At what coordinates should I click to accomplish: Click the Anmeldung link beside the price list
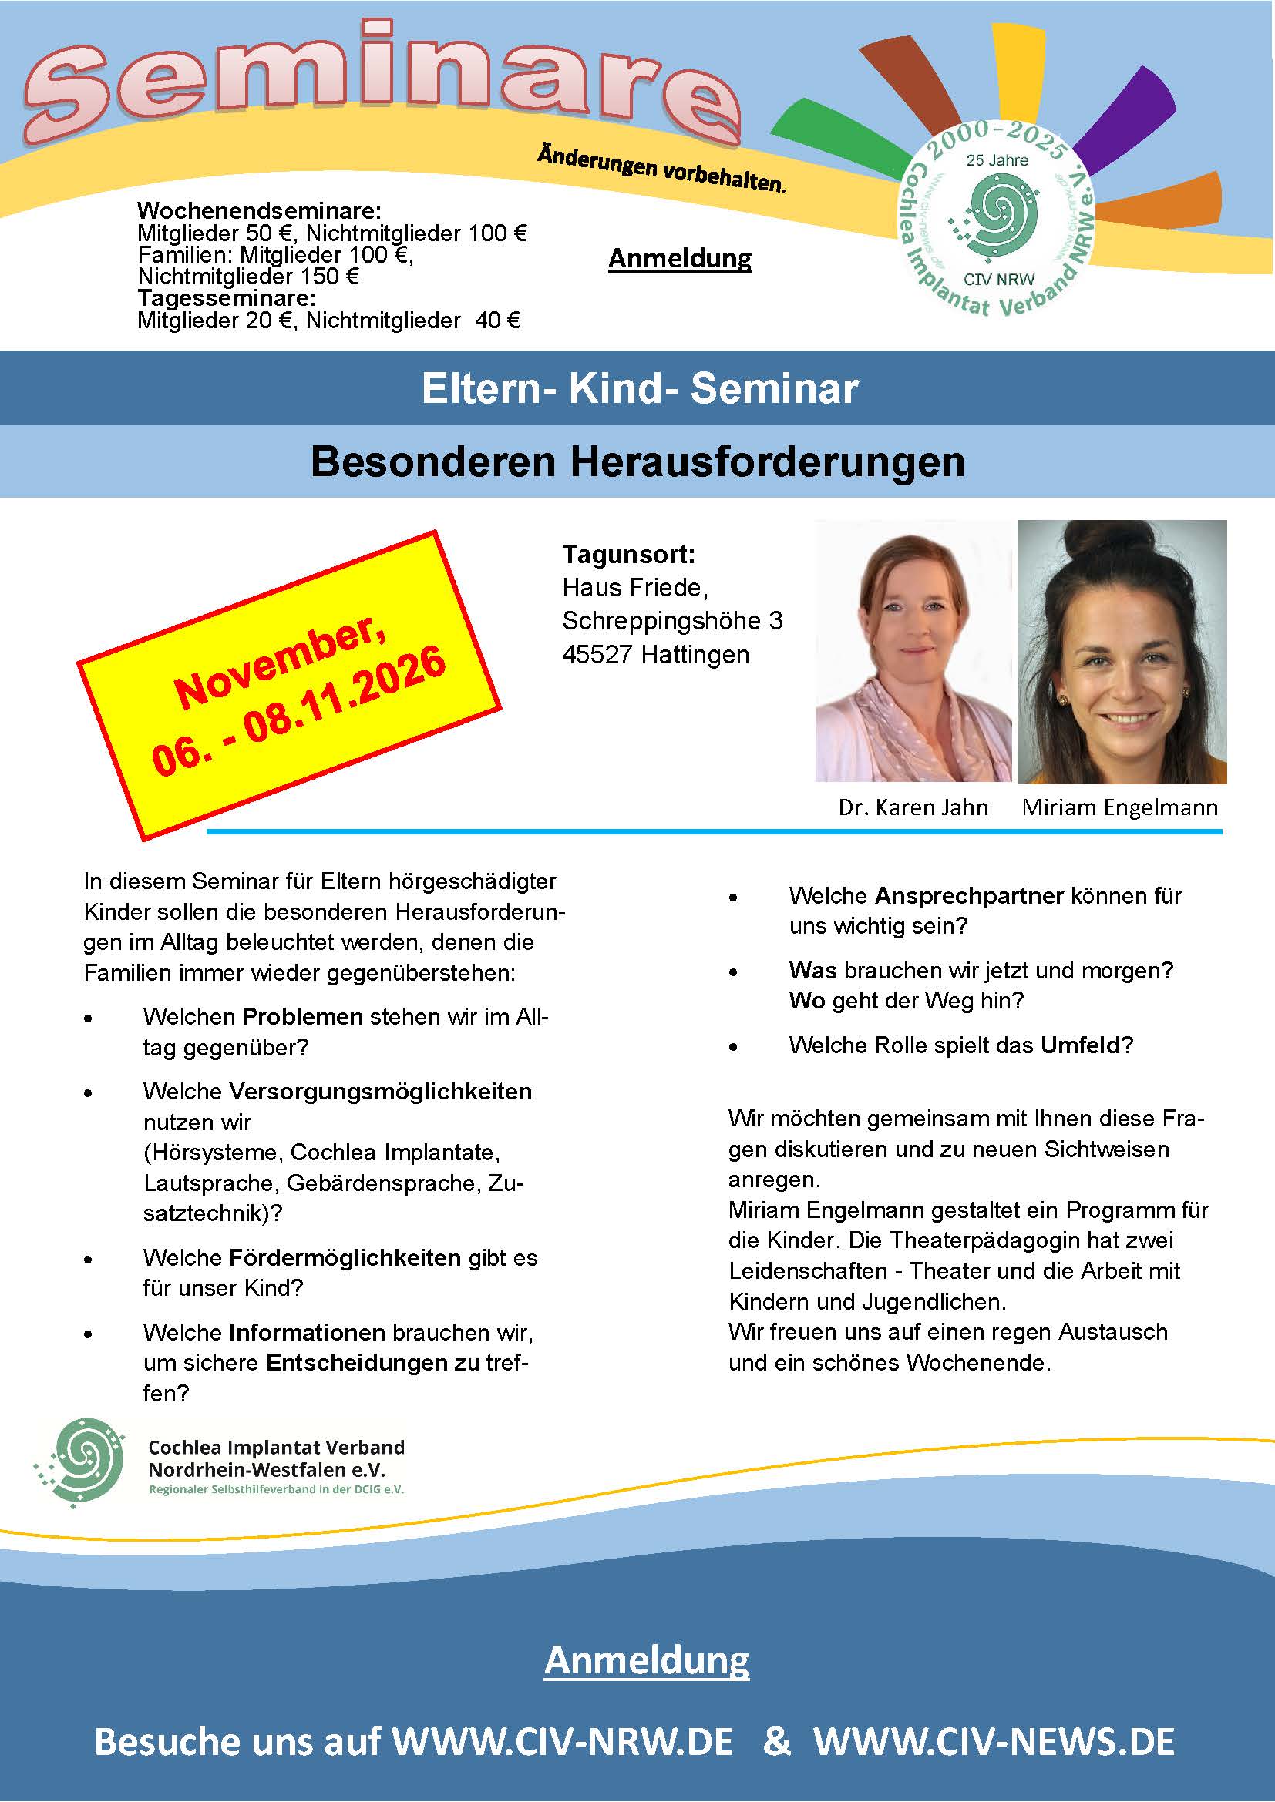pyautogui.click(x=680, y=258)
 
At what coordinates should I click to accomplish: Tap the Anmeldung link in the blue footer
pyautogui.click(x=646, y=1660)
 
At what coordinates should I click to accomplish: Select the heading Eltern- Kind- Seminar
pyautogui.click(x=639, y=388)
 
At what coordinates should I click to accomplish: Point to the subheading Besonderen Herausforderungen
pyautogui.click(x=637, y=461)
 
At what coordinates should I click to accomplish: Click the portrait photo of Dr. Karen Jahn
pyautogui.click(x=913, y=651)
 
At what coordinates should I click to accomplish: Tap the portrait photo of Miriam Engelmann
pyautogui.click(x=1121, y=653)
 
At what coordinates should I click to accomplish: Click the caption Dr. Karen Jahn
pyautogui.click(x=912, y=807)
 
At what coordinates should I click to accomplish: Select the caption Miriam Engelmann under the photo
pyautogui.click(x=1119, y=807)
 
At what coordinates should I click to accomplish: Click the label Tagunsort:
pyautogui.click(x=628, y=555)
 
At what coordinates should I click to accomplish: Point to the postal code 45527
pyautogui.click(x=597, y=654)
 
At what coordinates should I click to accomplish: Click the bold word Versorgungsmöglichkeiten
pyautogui.click(x=380, y=1091)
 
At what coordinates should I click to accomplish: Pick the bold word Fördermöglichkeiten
pyautogui.click(x=345, y=1257)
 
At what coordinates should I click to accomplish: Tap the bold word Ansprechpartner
pyautogui.click(x=969, y=895)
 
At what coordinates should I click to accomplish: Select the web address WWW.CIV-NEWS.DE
pyautogui.click(x=993, y=1741)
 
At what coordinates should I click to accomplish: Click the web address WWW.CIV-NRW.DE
pyautogui.click(x=562, y=1741)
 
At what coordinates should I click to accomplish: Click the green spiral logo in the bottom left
pyautogui.click(x=79, y=1463)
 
